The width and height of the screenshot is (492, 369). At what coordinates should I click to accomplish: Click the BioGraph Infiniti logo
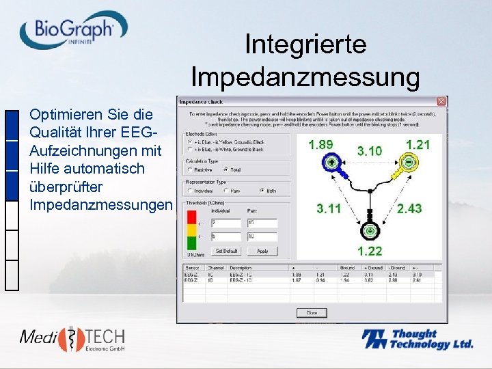(x=74, y=30)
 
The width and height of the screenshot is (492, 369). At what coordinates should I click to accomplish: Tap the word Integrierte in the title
(x=305, y=45)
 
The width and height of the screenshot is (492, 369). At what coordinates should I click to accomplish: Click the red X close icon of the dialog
(x=441, y=101)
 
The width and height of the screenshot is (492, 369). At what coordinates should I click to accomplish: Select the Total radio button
(x=226, y=169)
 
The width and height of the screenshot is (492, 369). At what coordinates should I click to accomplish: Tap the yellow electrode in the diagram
(x=408, y=163)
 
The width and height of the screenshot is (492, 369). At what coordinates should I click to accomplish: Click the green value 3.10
(x=370, y=150)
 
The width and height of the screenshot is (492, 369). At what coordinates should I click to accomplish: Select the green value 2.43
(x=409, y=208)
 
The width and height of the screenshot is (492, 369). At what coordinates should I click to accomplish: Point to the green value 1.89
(x=321, y=145)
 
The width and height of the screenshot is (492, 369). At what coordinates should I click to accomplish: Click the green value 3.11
(x=329, y=208)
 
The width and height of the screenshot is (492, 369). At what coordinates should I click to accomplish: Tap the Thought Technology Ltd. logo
(x=417, y=340)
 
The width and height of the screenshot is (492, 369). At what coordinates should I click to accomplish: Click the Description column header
(x=241, y=268)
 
